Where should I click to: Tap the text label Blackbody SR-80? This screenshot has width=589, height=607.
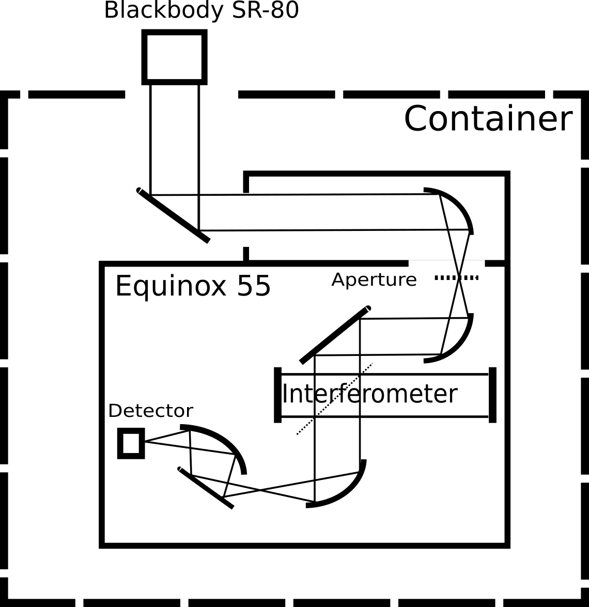point(202,10)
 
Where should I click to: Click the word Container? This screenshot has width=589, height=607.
point(488,119)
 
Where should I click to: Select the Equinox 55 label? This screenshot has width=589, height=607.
point(193,286)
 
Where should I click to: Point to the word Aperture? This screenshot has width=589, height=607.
point(374,279)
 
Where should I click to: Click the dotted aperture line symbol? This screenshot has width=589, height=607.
point(456,278)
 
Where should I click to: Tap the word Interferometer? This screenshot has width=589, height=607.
point(369,394)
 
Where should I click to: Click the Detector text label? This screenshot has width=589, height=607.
point(150,411)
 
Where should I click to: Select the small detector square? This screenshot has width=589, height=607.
point(131,443)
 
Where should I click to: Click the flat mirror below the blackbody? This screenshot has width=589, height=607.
point(173,215)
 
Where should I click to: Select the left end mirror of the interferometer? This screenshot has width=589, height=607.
point(278,395)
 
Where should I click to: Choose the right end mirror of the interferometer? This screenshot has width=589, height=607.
point(492,395)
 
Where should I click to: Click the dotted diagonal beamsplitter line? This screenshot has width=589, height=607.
point(334,399)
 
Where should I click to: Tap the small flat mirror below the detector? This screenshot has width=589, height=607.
point(206,488)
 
